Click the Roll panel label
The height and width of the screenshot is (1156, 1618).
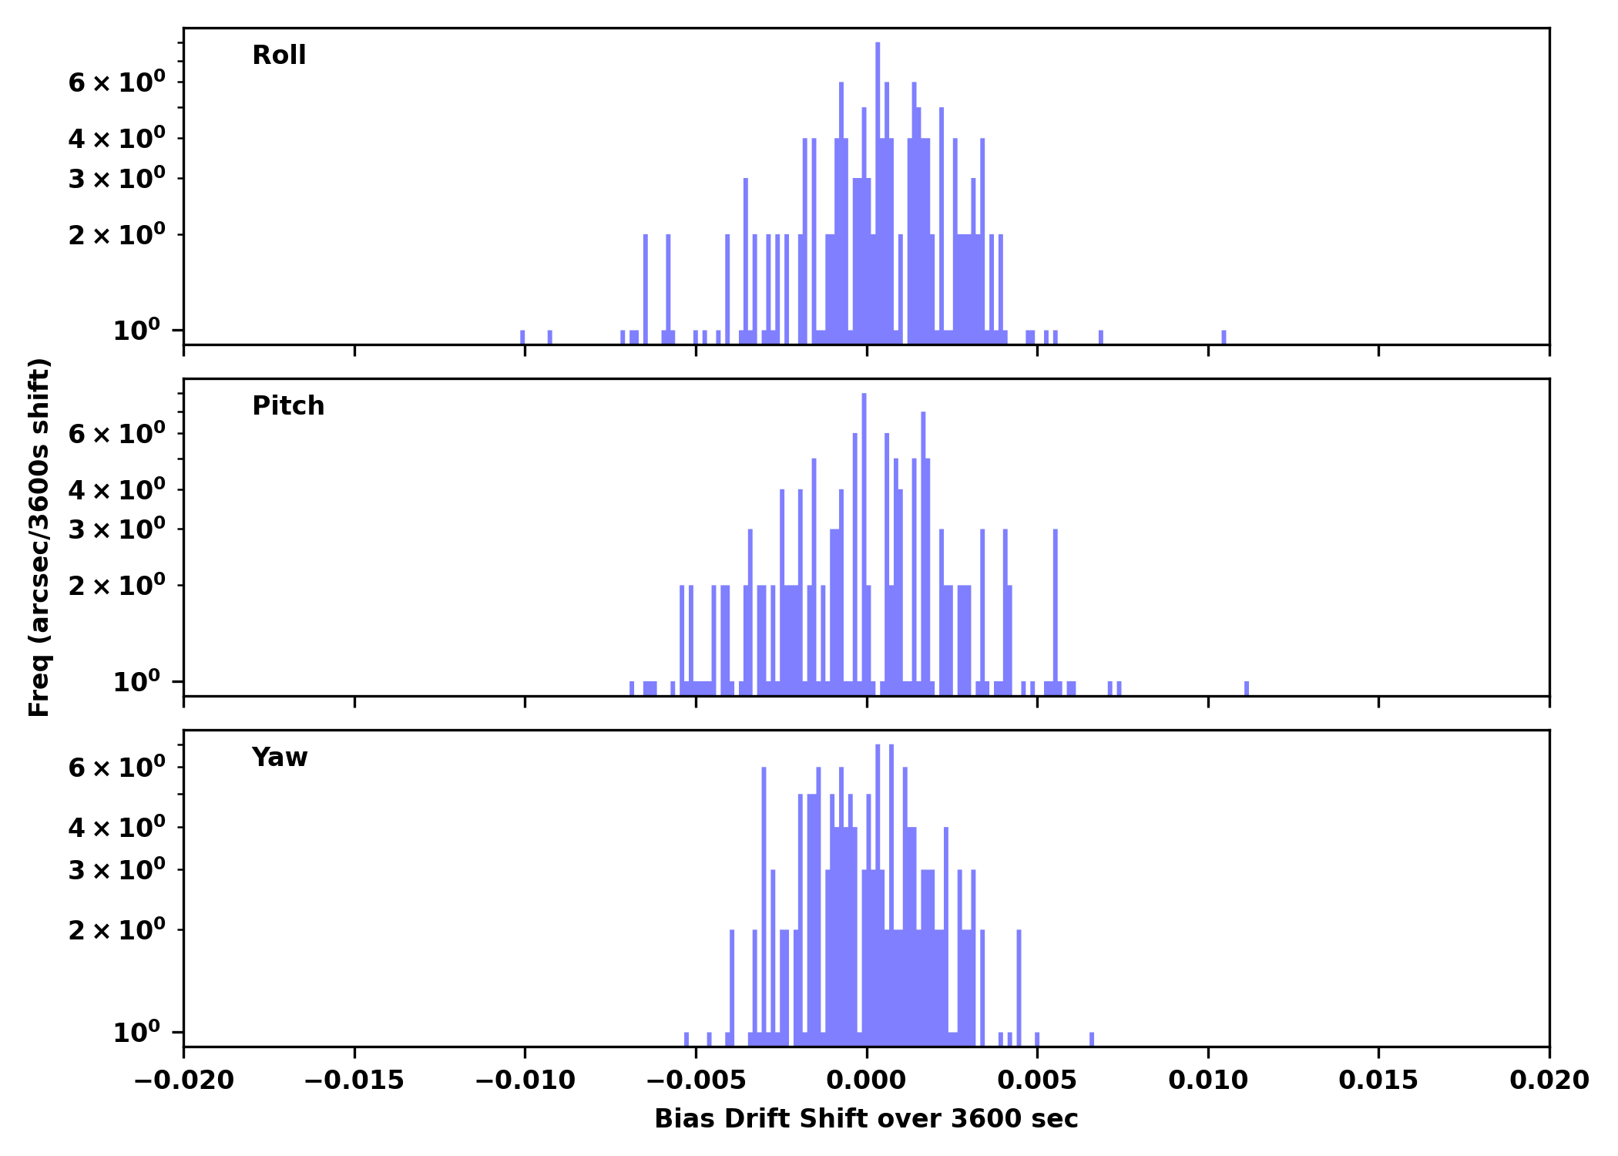tap(279, 55)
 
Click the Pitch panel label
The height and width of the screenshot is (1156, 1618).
tap(288, 406)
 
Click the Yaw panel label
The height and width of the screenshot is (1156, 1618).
tap(280, 758)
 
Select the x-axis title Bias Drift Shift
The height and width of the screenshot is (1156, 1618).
tap(866, 1118)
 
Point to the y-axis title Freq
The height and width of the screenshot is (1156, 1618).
tap(39, 537)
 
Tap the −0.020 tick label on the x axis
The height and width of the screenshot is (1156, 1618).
tap(183, 1080)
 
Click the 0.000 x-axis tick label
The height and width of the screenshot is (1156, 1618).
tap(866, 1080)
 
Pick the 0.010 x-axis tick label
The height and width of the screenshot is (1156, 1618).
tap(1207, 1080)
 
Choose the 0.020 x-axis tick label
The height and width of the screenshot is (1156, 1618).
tap(1549, 1080)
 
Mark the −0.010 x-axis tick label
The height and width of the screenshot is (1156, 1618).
tap(525, 1080)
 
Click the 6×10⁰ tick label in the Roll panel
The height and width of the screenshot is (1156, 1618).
tap(116, 82)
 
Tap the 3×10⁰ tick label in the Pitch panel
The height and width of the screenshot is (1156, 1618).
tap(116, 529)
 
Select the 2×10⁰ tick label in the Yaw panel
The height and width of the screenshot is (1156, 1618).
tap(116, 930)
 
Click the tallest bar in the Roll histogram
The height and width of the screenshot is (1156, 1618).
tap(878, 193)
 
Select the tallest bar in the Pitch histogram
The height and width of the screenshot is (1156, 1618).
tap(864, 539)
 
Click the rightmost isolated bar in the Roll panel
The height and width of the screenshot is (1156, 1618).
tap(1224, 337)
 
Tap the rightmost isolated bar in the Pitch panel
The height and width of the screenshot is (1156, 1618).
tap(1247, 687)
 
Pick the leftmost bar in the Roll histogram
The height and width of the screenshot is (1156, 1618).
tap(522, 337)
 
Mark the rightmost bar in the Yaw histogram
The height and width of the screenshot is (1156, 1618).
tap(1092, 1039)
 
